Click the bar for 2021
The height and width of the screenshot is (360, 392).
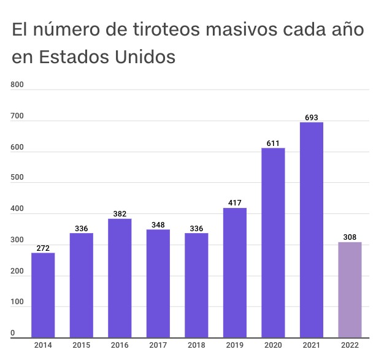click(311, 230)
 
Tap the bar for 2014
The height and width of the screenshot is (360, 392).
click(43, 295)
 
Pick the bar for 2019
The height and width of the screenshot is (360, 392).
click(234, 273)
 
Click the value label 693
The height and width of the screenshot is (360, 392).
click(311, 117)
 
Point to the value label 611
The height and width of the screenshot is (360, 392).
click(273, 143)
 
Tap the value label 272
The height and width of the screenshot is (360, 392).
click(43, 248)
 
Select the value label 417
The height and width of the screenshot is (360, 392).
click(234, 203)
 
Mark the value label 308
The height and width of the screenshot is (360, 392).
click(350, 237)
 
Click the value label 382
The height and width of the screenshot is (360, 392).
click(120, 213)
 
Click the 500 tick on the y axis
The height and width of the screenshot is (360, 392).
click(17, 178)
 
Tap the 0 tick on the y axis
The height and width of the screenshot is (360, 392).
click(13, 333)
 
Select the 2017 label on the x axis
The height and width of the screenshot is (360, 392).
click(158, 345)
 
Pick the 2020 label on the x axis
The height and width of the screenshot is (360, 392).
click(273, 345)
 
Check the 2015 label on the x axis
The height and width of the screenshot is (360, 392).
click(81, 345)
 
